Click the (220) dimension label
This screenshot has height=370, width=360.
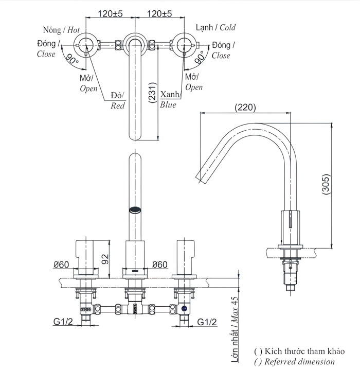[x=245, y=108]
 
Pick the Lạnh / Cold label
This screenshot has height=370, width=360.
[x=215, y=27]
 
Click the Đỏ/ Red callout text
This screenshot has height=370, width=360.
[x=118, y=101]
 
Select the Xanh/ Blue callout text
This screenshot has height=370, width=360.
[x=169, y=100]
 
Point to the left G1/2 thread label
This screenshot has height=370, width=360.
[x=63, y=322]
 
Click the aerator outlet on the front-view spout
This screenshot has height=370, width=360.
[x=134, y=209]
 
